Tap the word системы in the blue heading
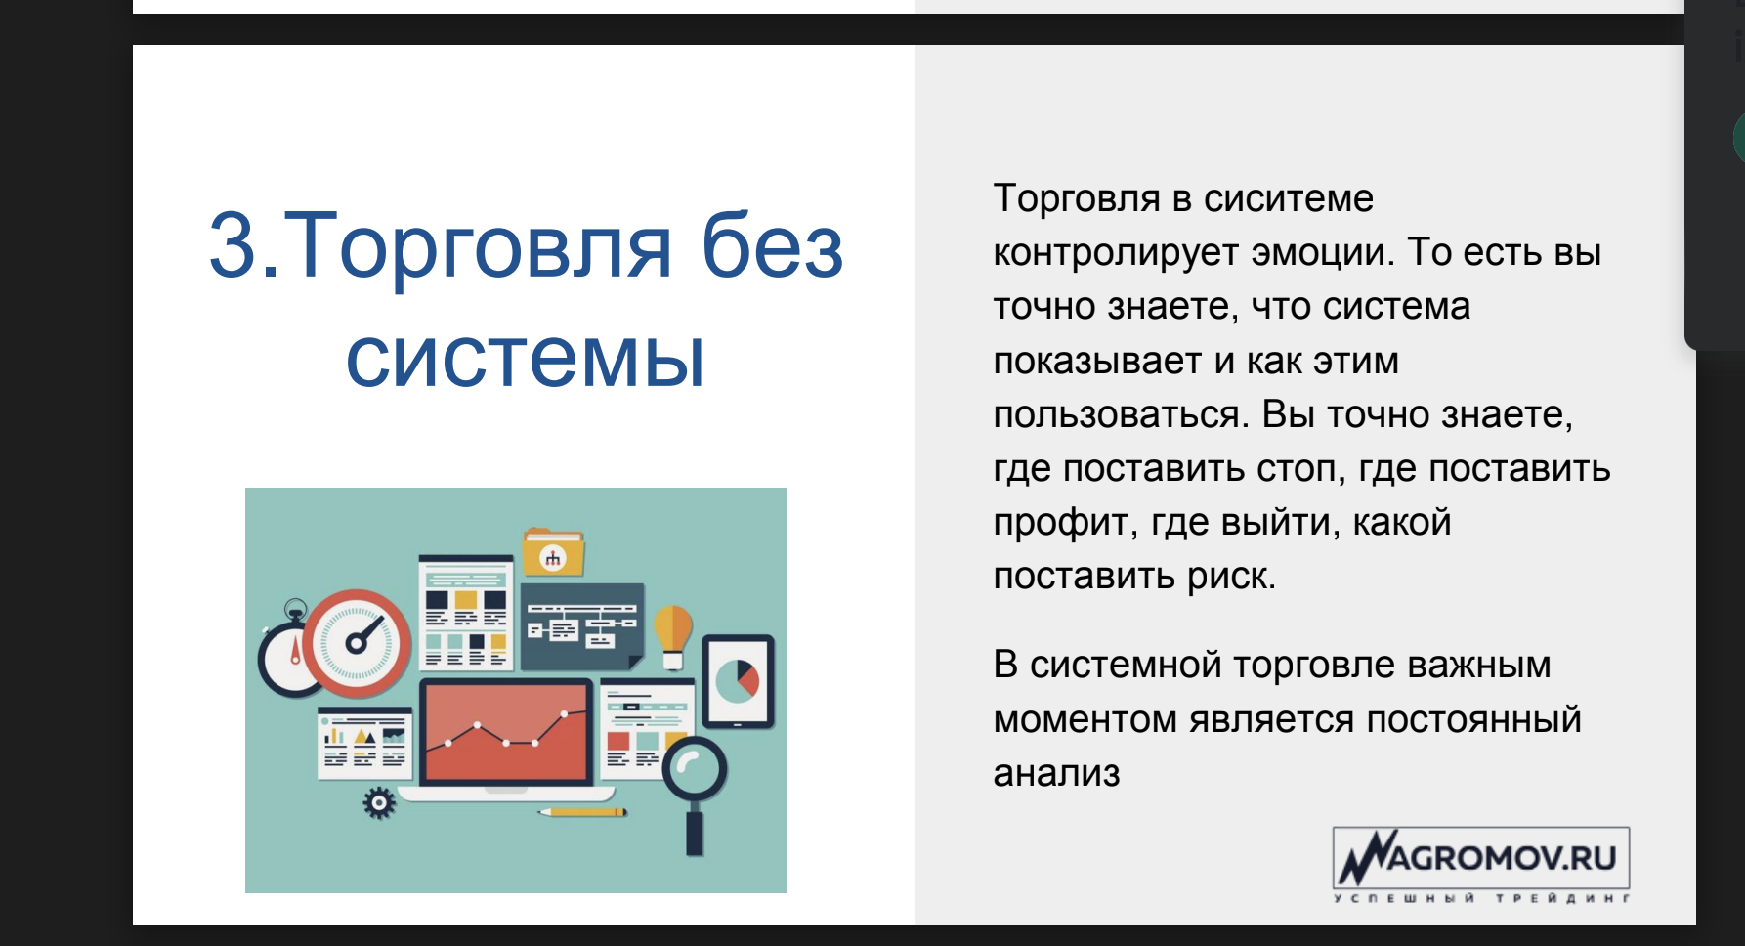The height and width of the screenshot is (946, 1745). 525,358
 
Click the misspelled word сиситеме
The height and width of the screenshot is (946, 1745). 1289,198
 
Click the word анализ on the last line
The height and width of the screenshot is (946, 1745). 1056,774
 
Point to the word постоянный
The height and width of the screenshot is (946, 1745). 1473,720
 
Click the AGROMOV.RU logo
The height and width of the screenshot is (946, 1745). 1481,865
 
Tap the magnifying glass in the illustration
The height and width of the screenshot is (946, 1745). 695,787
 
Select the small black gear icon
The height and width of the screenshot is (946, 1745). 379,803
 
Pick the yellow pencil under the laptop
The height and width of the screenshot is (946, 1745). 583,811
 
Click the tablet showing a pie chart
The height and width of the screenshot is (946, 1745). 739,682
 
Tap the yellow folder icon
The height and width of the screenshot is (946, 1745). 554,553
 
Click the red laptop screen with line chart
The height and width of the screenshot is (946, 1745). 506,731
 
